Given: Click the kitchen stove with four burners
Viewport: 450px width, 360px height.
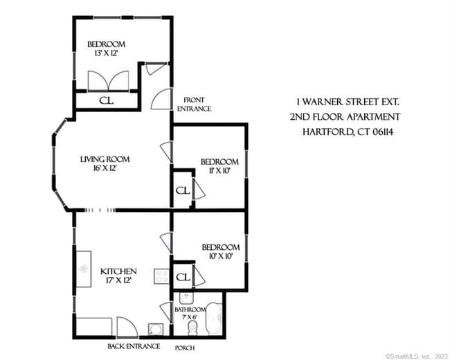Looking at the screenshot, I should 161,277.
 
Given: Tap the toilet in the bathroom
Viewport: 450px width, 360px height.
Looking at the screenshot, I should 194,326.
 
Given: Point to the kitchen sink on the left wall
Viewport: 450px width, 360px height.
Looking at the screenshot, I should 84,269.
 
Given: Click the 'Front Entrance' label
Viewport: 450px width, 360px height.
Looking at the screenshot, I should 194,104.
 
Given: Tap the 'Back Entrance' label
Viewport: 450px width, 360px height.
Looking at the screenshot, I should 134,346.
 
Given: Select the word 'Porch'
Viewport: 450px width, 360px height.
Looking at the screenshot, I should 184,347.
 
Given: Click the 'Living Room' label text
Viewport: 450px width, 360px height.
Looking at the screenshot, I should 105,159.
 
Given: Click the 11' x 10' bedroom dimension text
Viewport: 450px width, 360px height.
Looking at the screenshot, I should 219,170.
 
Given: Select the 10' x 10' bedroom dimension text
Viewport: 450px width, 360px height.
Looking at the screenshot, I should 220,256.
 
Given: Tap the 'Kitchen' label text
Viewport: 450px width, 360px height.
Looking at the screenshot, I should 118,271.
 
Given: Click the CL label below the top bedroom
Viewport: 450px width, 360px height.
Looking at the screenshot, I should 107,100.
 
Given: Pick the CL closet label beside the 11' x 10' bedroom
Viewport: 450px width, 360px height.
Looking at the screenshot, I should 182,190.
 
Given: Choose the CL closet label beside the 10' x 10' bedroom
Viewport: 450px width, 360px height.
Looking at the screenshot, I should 183,277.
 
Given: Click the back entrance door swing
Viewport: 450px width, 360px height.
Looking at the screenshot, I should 127,326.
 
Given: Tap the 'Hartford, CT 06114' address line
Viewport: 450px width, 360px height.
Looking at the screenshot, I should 350,132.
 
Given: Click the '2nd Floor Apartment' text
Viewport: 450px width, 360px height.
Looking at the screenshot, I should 345,116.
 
